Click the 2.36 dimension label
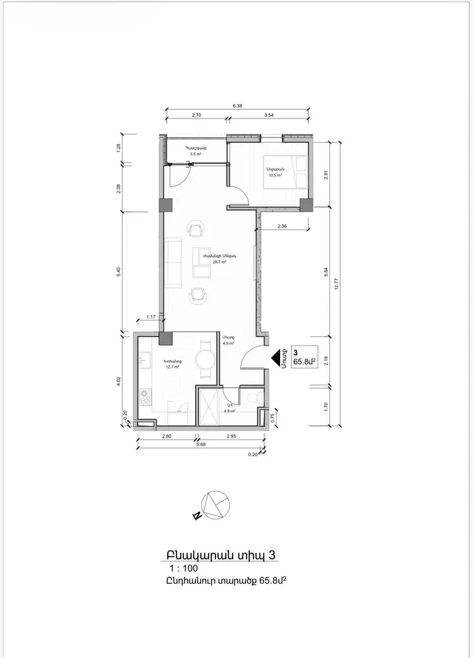click(x=283, y=226)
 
